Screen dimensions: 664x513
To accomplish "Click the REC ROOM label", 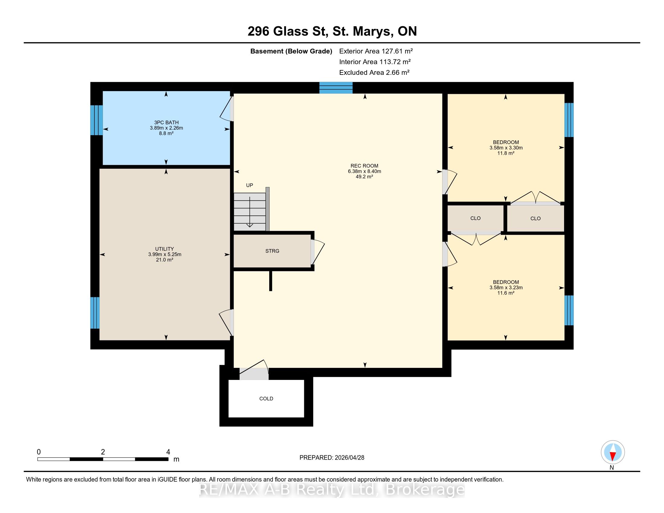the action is (x=364, y=166).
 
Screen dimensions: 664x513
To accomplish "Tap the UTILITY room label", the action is (x=164, y=249).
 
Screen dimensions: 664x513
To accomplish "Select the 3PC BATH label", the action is (x=166, y=123).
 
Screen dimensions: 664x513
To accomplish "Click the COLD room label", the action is (x=266, y=399).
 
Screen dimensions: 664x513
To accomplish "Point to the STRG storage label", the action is (x=272, y=251).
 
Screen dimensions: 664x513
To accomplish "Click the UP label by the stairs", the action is (x=250, y=185).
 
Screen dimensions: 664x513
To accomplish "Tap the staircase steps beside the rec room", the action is (x=250, y=212).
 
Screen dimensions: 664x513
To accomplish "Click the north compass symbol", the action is (x=613, y=453).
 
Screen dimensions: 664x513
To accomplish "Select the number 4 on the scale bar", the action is (x=168, y=452).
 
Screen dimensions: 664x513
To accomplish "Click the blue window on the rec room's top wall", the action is (x=336, y=88).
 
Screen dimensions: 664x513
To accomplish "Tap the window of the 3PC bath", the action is (x=96, y=120).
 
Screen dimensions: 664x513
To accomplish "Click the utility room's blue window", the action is (x=95, y=313).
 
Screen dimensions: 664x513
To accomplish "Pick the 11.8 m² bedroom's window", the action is (x=569, y=120).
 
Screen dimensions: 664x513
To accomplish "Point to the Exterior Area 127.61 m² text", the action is (x=376, y=51).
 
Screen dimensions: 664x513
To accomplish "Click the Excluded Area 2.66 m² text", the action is (x=374, y=72).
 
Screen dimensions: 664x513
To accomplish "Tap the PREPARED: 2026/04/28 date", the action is (x=332, y=458).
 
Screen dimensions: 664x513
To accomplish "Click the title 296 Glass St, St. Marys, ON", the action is (x=332, y=31).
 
